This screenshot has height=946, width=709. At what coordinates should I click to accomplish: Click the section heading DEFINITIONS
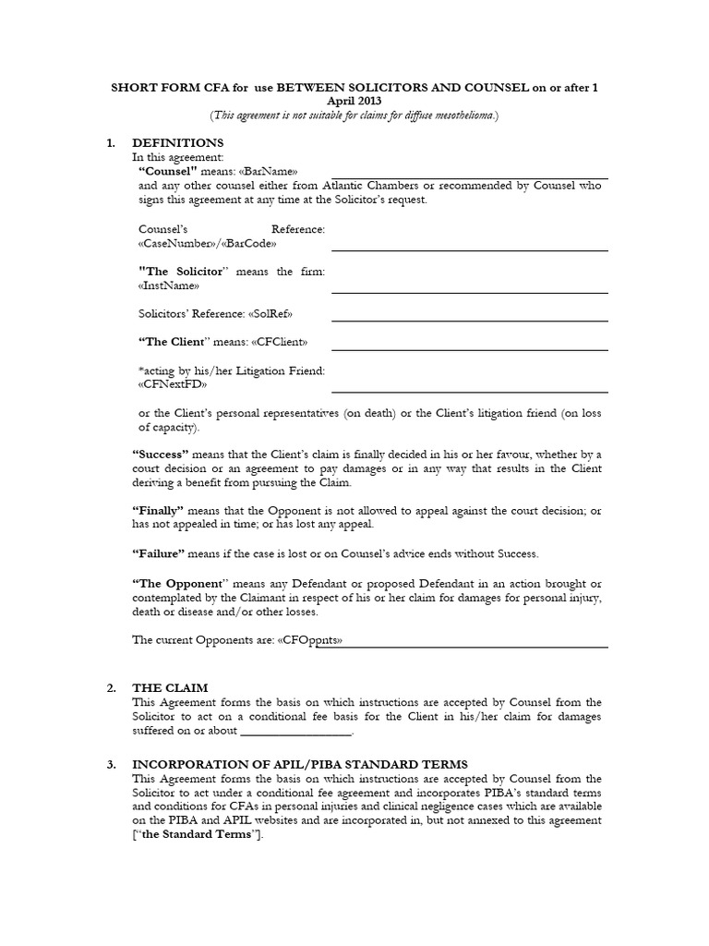point(177,143)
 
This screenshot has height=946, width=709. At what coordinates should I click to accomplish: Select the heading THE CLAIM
point(171,687)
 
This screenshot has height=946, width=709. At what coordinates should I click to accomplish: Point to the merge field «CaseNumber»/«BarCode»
point(206,244)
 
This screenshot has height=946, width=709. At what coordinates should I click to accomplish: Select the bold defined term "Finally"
point(159,511)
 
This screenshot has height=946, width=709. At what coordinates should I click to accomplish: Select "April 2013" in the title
point(354,101)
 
